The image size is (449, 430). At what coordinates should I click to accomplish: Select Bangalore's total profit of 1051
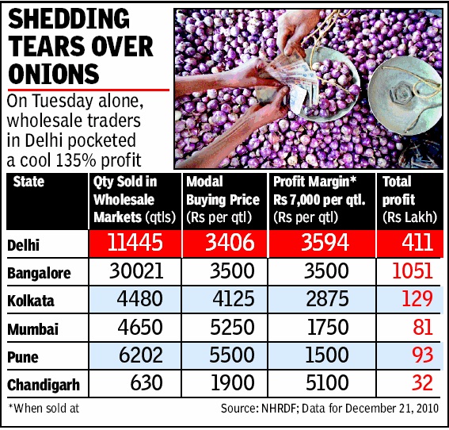(x=410, y=271)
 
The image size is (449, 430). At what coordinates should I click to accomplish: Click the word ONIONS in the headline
(x=55, y=73)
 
